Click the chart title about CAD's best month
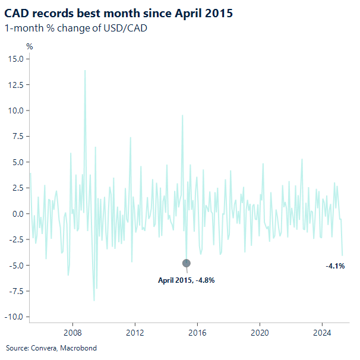pyautogui.click(x=119, y=12)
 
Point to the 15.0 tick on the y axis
pyautogui.click(x=15, y=59)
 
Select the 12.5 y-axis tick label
pyautogui.click(x=15, y=84)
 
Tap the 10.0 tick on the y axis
pyautogui.click(x=15, y=110)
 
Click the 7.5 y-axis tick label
pyautogui.click(x=17, y=136)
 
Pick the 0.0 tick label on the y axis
pyautogui.click(x=17, y=213)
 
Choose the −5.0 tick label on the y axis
pyautogui.click(x=15, y=265)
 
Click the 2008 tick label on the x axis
pyautogui.click(x=72, y=333)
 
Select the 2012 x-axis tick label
pyautogui.click(x=135, y=333)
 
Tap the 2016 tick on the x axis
pyautogui.click(x=197, y=333)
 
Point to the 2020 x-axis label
pyautogui.click(x=260, y=333)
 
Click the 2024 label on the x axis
pyautogui.click(x=322, y=333)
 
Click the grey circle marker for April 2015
pyautogui.click(x=187, y=263)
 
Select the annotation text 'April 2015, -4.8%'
pyautogui.click(x=186, y=280)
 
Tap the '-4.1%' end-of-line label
pyautogui.click(x=335, y=266)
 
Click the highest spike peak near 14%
pyautogui.click(x=85, y=71)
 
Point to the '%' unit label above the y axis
pyautogui.click(x=29, y=46)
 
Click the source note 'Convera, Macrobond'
pyautogui.click(x=51, y=348)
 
